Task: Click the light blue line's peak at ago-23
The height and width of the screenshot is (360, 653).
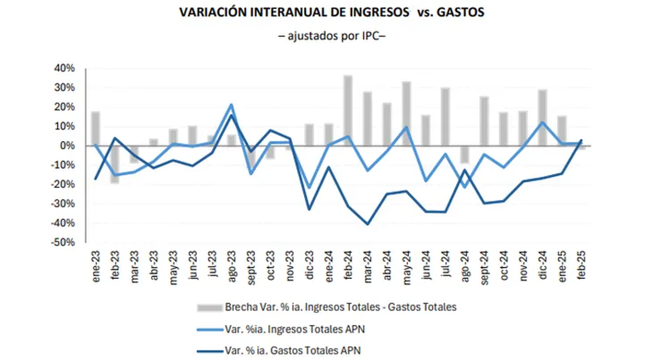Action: click(231, 104)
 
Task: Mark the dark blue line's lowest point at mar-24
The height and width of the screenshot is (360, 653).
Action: click(367, 224)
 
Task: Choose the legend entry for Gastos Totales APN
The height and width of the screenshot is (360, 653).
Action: click(292, 350)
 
